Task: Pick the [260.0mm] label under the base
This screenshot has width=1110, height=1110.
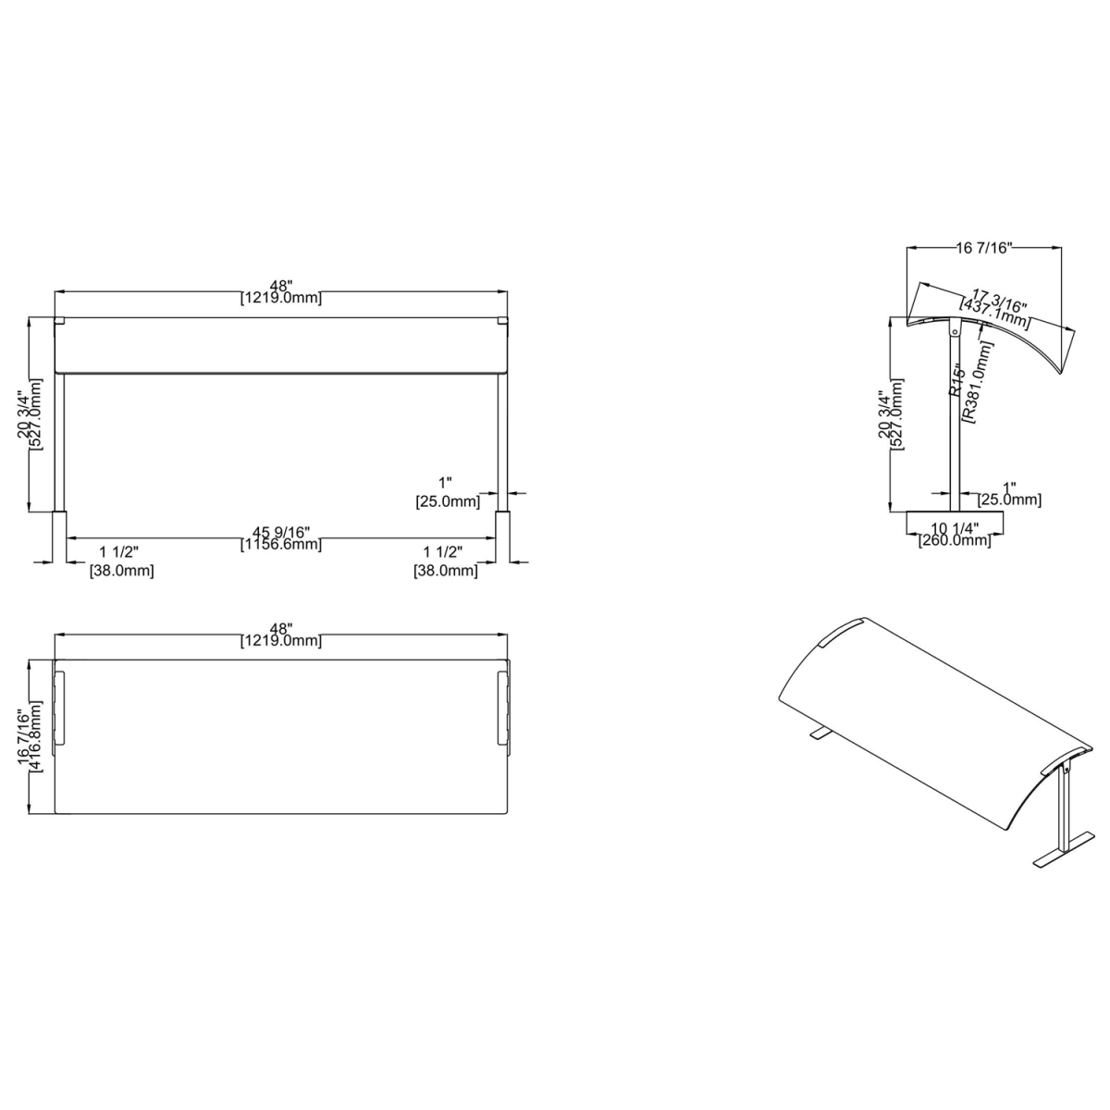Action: [955, 541]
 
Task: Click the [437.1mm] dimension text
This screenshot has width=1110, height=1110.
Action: [993, 312]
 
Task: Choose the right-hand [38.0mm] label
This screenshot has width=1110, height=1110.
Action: [445, 572]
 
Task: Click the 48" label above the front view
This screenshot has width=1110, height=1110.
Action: [280, 285]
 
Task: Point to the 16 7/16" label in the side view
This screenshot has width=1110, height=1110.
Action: [984, 247]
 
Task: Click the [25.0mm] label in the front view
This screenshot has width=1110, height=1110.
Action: [446, 502]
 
